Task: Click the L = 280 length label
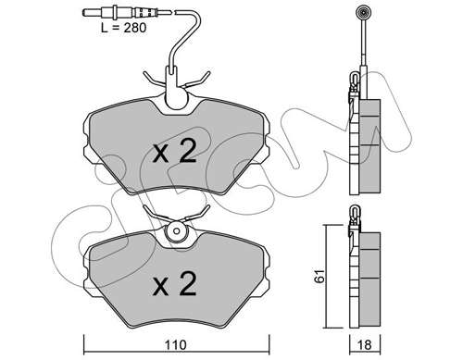[x=123, y=28]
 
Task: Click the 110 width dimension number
[x=175, y=344]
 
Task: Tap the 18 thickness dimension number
[x=365, y=344]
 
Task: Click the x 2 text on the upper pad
[x=175, y=151]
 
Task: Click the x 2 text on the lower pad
[x=175, y=283]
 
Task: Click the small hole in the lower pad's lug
[x=176, y=230]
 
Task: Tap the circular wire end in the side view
[x=363, y=13]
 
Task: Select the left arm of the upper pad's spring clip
[x=154, y=79]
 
